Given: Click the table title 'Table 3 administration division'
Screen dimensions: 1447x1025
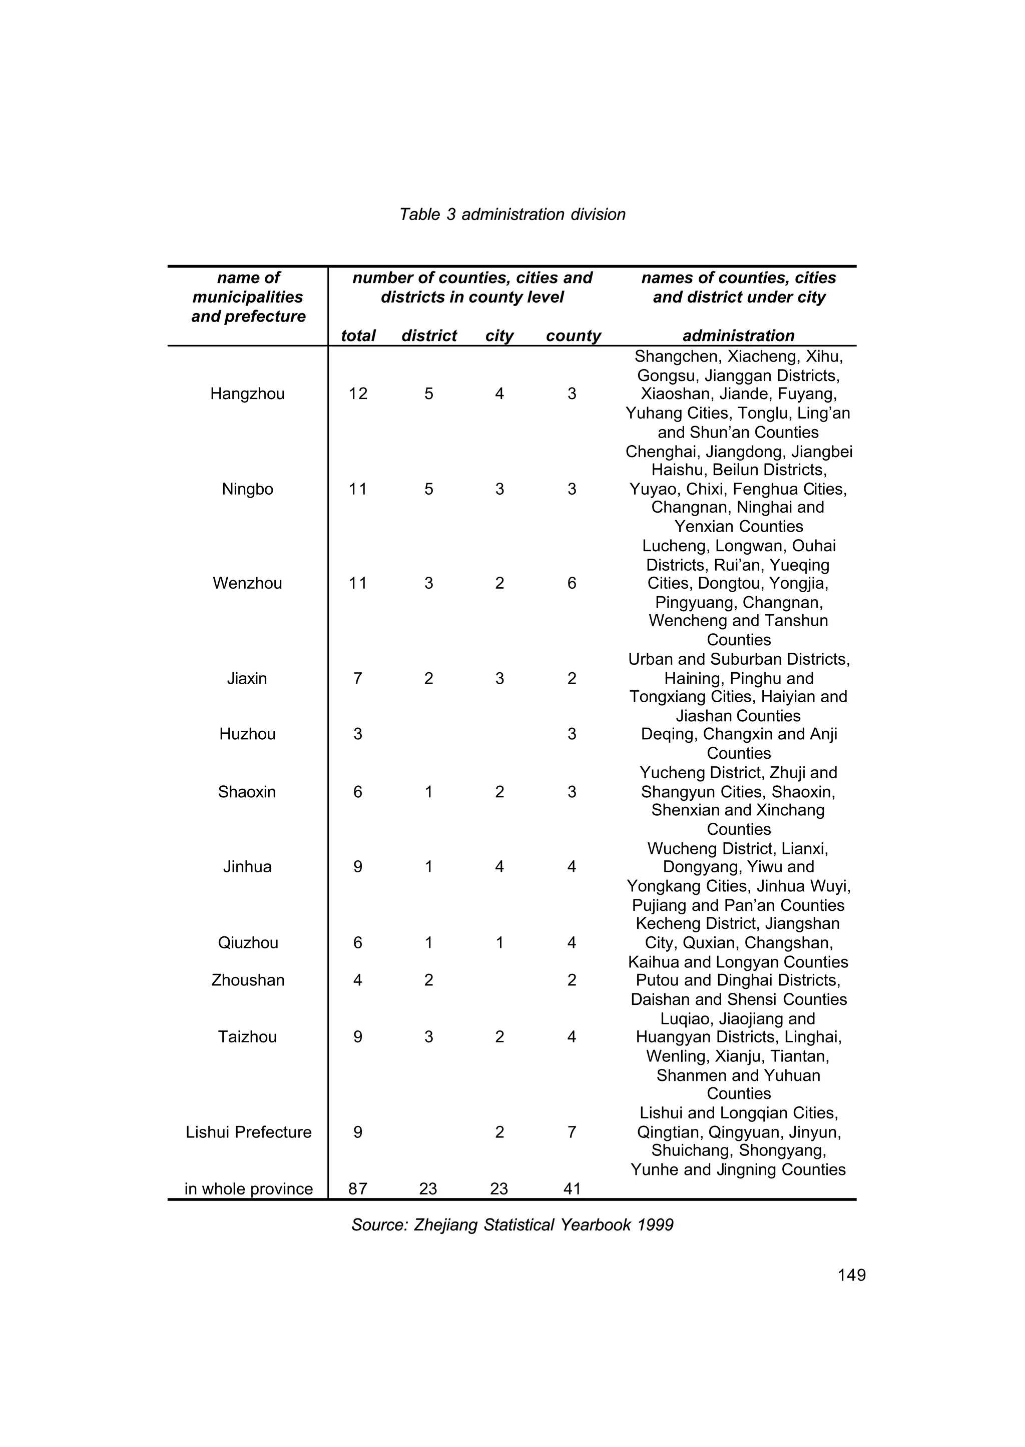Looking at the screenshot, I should coord(512,215).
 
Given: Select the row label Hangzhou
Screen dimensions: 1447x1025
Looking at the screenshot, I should coord(247,394).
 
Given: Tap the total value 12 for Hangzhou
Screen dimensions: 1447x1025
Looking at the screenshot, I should coord(358,394).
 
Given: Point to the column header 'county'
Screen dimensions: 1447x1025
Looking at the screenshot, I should coord(573,336).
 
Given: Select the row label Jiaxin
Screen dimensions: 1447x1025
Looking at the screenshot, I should coord(247,679).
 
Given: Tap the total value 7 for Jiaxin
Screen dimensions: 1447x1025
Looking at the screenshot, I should coord(358,679).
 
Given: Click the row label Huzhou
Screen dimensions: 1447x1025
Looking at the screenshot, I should coord(247,734).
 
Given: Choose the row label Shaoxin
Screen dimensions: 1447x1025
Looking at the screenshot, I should coord(247,792).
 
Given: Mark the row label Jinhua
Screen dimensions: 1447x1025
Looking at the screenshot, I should coord(247,867).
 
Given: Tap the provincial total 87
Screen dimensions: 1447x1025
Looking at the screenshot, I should coord(358,1189).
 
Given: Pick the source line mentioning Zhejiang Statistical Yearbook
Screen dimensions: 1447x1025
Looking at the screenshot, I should coord(512,1225).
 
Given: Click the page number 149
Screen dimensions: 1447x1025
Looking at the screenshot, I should coord(851,1275).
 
